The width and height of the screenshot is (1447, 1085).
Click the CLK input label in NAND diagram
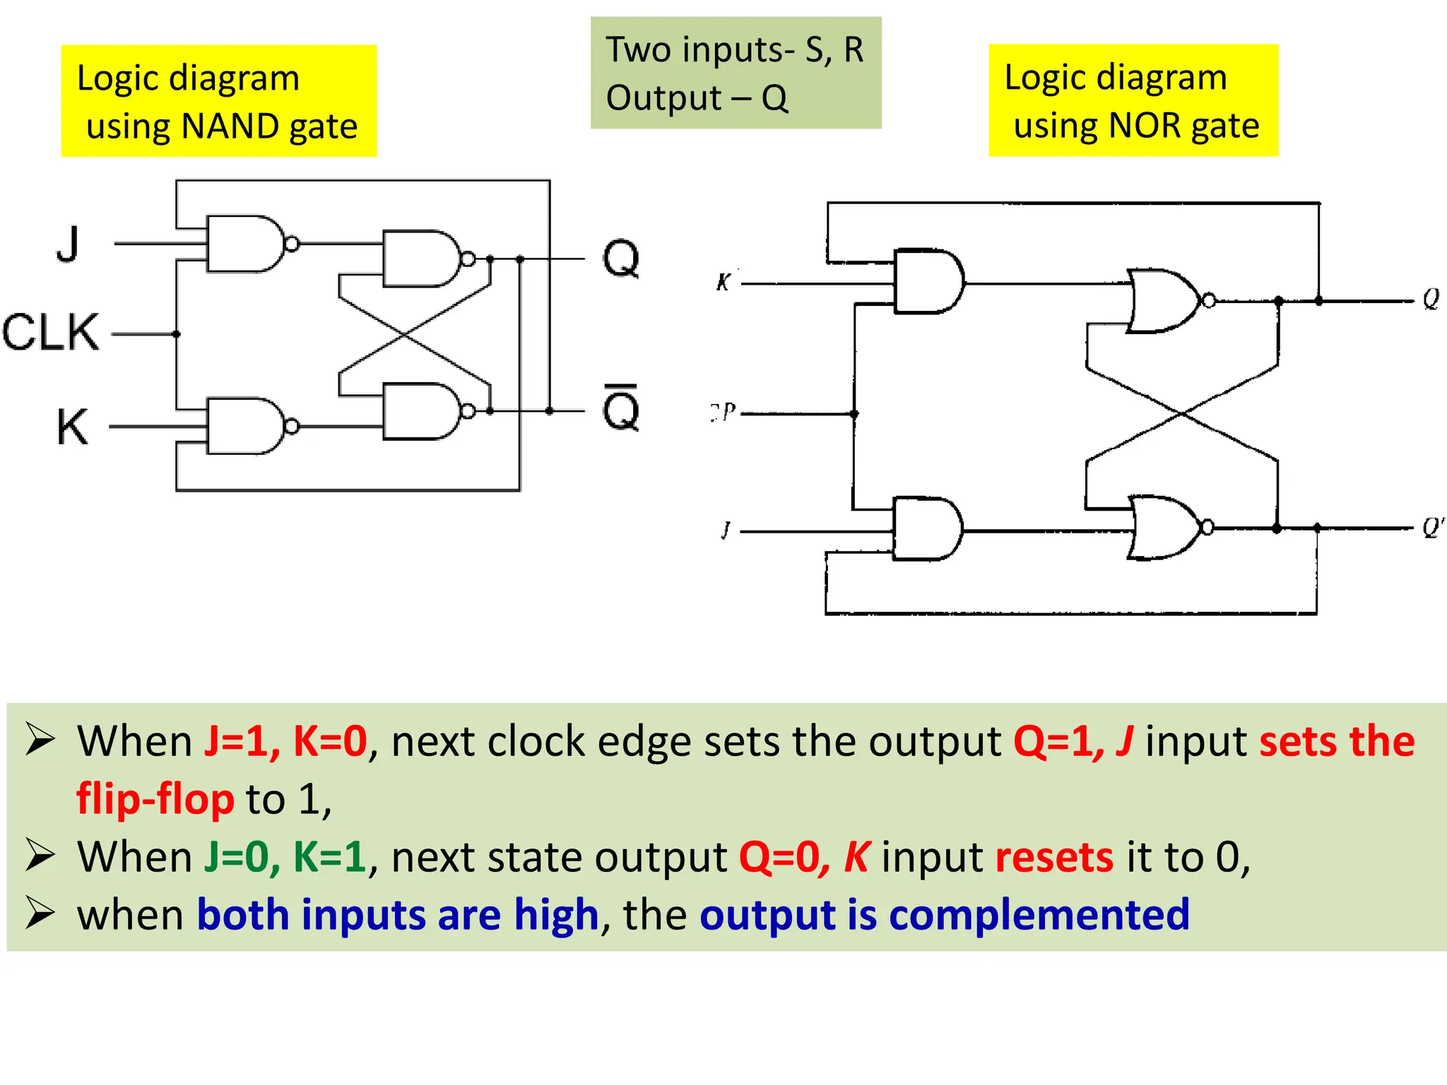51,332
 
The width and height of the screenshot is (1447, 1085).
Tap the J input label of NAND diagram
68,244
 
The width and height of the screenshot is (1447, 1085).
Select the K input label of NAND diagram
72,427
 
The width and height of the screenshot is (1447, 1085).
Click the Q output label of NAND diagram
620,259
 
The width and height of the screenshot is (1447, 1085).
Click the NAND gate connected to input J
244,244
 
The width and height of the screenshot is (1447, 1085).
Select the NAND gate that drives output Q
420,259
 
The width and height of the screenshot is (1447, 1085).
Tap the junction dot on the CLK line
177,333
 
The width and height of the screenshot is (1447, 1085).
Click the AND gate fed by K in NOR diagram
927,281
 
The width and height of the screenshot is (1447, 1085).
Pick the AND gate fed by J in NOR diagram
926,529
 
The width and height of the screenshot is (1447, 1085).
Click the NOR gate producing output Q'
1164,528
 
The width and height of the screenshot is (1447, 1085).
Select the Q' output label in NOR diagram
1433,528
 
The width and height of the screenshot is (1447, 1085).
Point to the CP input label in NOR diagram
723,412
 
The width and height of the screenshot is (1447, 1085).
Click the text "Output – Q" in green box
697,98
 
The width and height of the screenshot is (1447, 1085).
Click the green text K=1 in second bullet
329,857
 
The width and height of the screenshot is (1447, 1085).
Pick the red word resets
1054,857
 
